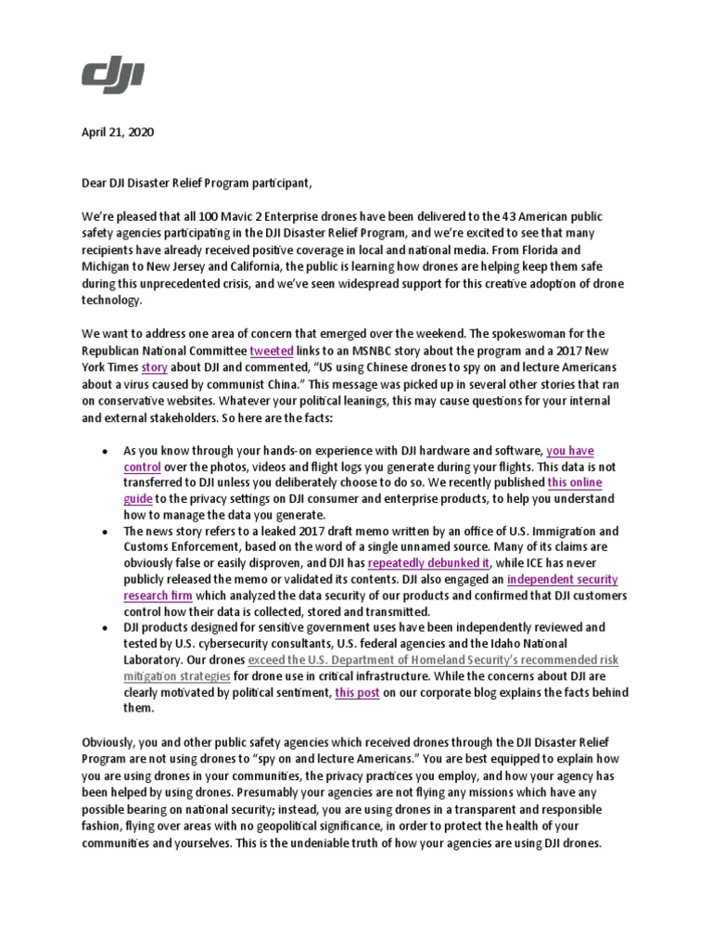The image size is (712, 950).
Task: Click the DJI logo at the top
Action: point(112,73)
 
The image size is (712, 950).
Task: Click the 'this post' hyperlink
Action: point(357,693)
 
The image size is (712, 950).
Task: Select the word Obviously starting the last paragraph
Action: point(111,742)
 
